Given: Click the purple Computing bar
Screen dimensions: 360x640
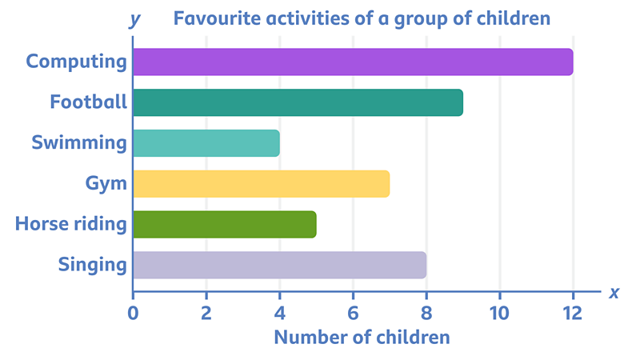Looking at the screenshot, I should pyautogui.click(x=352, y=62).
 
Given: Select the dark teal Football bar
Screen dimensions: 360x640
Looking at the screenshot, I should pyautogui.click(x=298, y=102).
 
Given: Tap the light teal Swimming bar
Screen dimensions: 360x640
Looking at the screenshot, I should pyautogui.click(x=206, y=143).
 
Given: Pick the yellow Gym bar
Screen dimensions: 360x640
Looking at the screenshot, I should pyautogui.click(x=261, y=184).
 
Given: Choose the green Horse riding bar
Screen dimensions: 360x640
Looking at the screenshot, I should pyautogui.click(x=224, y=224).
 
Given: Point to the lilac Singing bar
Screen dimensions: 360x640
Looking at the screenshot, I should pyautogui.click(x=279, y=265).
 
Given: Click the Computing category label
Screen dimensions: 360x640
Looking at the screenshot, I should pyautogui.click(x=77, y=61).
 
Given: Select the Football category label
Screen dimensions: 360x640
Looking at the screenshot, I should pyautogui.click(x=88, y=102).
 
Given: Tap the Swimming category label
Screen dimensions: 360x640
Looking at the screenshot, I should pyautogui.click(x=79, y=143).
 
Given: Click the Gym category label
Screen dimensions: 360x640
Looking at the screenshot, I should pyautogui.click(x=106, y=183).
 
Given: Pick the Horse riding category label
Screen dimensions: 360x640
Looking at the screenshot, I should pyautogui.click(x=71, y=224).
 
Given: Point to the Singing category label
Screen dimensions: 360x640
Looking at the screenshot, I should pyautogui.click(x=93, y=264).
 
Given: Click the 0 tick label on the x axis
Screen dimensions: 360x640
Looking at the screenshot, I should pyautogui.click(x=133, y=311).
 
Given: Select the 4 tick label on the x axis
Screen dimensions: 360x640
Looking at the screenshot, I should pyautogui.click(x=279, y=311).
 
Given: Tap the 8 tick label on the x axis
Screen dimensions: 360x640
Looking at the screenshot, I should pyautogui.click(x=426, y=311).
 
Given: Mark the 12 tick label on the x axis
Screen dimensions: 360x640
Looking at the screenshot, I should pyautogui.click(x=572, y=311).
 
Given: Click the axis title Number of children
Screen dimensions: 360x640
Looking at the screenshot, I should pyautogui.click(x=362, y=337).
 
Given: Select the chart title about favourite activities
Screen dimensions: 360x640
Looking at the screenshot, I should pyautogui.click(x=362, y=17).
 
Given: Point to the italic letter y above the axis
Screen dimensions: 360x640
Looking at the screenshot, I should pyautogui.click(x=134, y=18).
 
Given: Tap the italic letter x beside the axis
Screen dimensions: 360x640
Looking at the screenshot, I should pyautogui.click(x=614, y=292).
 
